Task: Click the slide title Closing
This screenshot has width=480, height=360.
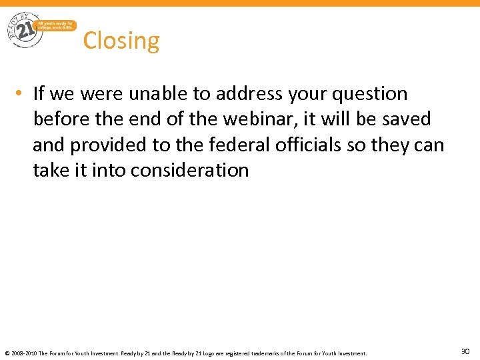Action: pyautogui.click(x=121, y=41)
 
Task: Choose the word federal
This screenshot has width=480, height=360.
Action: pyautogui.click(x=244, y=145)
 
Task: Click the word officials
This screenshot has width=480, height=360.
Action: pyautogui.click(x=316, y=145)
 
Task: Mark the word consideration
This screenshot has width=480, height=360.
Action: pyautogui.click(x=190, y=170)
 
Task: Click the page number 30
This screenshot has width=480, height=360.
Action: pyautogui.click(x=465, y=351)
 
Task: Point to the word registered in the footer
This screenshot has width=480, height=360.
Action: pyautogui.click(x=251, y=353)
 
